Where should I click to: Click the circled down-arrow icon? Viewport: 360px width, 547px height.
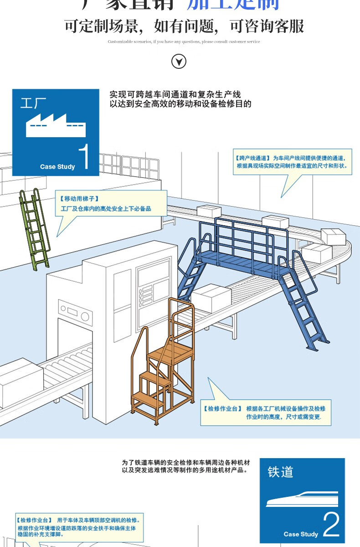179,61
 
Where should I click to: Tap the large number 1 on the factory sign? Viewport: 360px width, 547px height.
83,157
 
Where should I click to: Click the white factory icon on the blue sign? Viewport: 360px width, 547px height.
56,125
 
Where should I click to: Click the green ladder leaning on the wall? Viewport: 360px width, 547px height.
34,228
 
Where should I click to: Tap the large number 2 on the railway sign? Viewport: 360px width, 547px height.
331,525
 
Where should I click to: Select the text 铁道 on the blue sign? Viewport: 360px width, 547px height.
280,472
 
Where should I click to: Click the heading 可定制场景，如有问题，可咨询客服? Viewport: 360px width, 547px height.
184,26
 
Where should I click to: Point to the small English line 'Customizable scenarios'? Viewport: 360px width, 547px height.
184,41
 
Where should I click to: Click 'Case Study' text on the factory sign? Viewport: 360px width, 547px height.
57,167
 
